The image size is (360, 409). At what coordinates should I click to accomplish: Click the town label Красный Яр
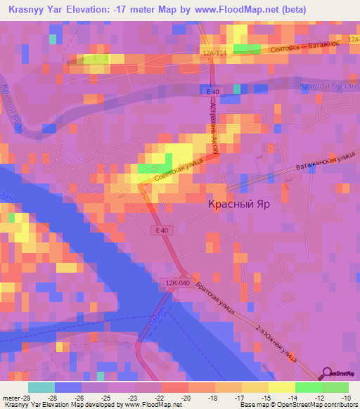point(240,203)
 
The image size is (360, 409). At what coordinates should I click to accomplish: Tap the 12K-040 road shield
point(179,281)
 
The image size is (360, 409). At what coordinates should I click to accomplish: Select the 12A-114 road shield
point(214,53)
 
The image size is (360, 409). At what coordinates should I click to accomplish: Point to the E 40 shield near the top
point(214,92)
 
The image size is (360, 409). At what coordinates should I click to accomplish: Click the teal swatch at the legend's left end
point(41,387)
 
